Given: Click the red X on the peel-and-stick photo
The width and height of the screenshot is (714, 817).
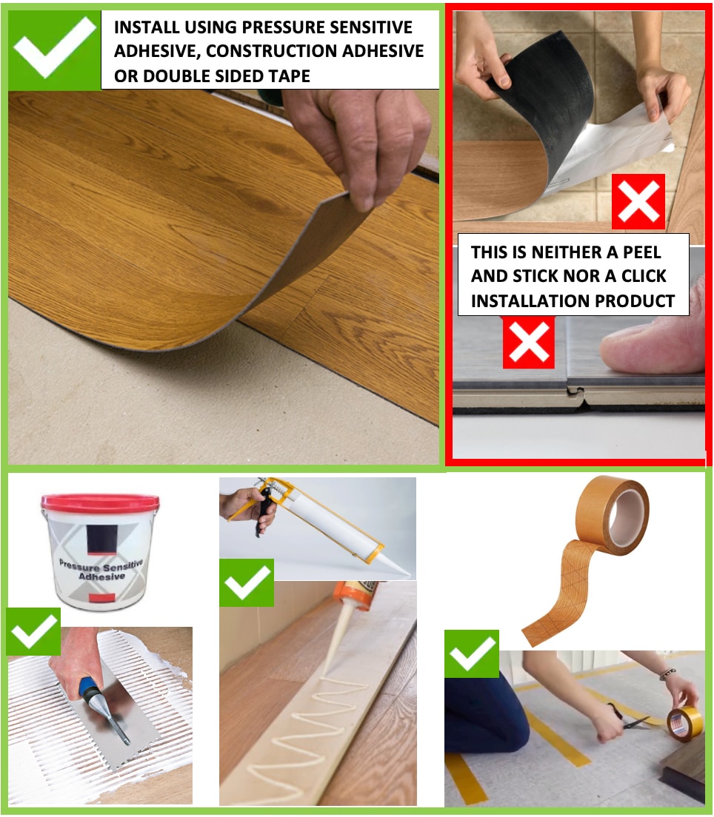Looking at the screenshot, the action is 638,201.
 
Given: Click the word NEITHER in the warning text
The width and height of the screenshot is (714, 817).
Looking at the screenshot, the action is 566,252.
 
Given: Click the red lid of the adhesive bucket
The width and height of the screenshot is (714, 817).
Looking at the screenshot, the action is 100,502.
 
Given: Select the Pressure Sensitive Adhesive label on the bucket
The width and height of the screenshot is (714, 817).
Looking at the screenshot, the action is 101,570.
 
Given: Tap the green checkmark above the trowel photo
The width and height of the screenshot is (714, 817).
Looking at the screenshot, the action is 33,631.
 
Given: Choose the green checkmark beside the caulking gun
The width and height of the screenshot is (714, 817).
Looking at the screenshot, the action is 246,582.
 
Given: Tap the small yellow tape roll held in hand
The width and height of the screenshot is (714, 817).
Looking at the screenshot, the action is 684,722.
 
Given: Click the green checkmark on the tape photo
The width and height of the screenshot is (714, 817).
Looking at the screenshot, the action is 472,653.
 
